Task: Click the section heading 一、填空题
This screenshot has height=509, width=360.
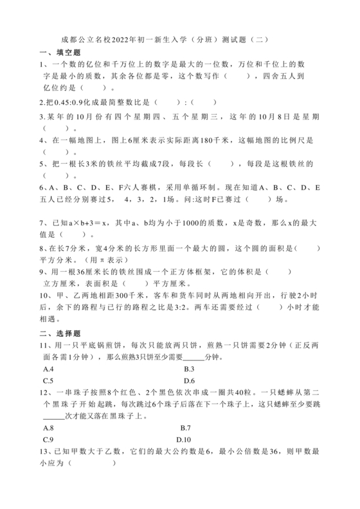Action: click(x=59, y=52)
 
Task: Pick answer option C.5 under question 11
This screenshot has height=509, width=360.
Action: click(x=48, y=380)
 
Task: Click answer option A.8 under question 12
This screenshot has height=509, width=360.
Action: click(x=48, y=427)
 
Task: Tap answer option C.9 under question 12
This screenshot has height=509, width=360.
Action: click(x=48, y=439)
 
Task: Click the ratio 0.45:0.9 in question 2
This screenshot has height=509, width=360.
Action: click(x=74, y=102)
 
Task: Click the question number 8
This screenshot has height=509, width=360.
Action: click(x=41, y=248)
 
